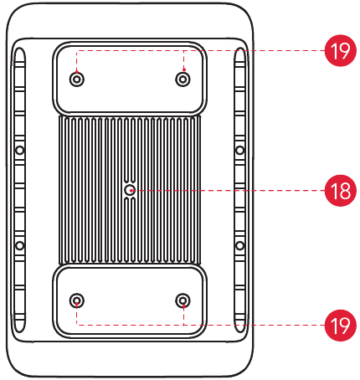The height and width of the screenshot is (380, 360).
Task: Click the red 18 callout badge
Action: (341, 191)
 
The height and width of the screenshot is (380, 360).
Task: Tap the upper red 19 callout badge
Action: (341, 50)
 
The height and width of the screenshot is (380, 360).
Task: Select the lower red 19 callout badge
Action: (341, 325)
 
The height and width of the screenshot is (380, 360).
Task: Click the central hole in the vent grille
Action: (129, 191)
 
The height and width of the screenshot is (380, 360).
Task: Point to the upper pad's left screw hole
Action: (77, 80)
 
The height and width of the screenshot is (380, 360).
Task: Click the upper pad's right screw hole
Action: (183, 80)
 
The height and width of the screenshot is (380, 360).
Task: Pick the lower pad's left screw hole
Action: (77, 300)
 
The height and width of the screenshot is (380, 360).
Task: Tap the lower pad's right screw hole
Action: (183, 300)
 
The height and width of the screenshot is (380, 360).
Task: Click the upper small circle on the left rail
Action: (19, 151)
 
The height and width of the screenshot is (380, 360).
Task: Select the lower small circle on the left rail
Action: (19, 246)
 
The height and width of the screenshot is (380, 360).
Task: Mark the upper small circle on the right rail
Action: (239, 151)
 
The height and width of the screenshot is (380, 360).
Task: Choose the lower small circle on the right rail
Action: (239, 246)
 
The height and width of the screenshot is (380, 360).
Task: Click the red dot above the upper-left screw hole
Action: (77, 71)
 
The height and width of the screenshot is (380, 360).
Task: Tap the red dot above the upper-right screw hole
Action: (184, 69)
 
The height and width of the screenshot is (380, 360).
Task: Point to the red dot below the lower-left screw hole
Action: (77, 304)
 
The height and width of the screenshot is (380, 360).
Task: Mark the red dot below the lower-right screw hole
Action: (184, 306)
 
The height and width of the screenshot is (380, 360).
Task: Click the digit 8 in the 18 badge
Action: (345, 191)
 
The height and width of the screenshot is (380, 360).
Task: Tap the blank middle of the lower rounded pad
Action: (130, 300)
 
